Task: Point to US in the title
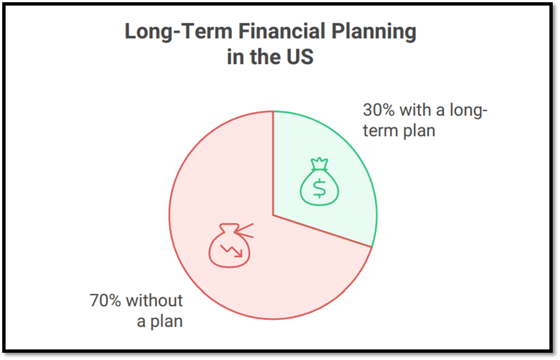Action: click(299, 57)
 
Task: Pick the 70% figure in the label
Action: click(106, 300)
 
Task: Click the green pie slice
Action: click(329, 167)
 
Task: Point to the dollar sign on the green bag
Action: click(319, 188)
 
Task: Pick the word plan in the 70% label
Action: click(167, 322)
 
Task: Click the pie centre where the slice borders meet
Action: click(273, 215)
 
